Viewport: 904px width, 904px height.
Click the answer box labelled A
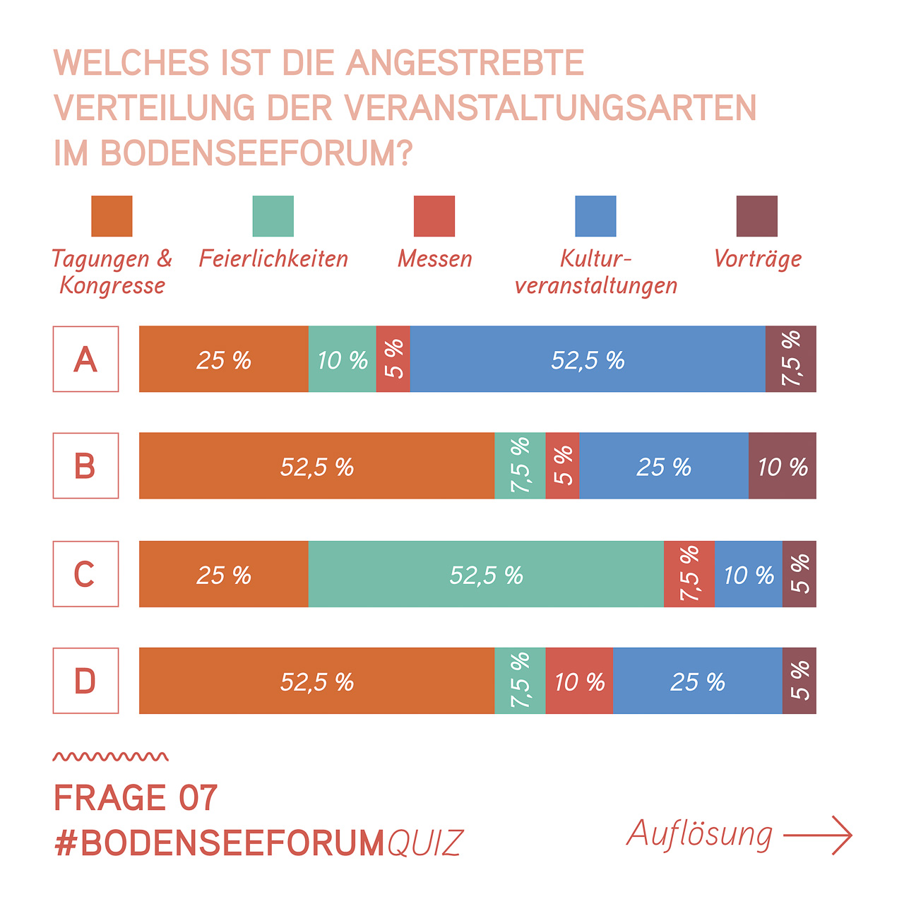(x=85, y=359)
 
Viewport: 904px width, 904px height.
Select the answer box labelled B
(x=85, y=465)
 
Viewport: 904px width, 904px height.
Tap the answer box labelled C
(x=85, y=573)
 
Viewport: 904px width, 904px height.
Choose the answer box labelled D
(x=85, y=680)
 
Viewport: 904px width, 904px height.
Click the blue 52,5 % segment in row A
(x=588, y=359)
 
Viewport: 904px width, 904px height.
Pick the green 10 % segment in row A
(x=343, y=359)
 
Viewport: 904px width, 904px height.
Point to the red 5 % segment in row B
(x=562, y=465)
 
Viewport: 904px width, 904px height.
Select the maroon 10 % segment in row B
(x=783, y=465)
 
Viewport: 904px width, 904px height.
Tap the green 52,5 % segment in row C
(x=486, y=573)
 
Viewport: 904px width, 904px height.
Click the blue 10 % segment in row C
(x=749, y=573)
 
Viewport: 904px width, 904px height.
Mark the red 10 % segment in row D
(x=579, y=680)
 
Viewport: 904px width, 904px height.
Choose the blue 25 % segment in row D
(x=698, y=680)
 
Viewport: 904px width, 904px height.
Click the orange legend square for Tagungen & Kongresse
(x=112, y=216)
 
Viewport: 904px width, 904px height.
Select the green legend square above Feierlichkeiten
(x=273, y=216)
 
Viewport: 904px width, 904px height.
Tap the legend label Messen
(x=435, y=258)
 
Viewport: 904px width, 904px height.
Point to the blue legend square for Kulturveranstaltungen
(x=596, y=216)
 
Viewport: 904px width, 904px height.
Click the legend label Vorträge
(x=758, y=259)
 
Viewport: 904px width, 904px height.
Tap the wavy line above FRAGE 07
(x=111, y=756)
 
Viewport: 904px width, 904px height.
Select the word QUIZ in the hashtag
(x=425, y=843)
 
